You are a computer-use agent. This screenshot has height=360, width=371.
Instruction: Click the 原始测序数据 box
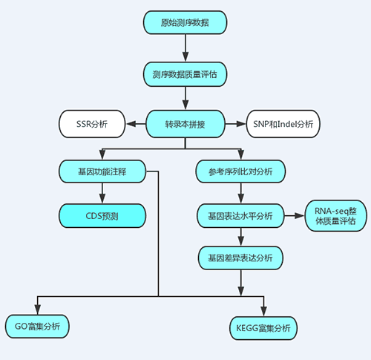point(185,22)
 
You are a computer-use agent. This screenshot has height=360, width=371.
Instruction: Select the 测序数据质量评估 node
point(185,74)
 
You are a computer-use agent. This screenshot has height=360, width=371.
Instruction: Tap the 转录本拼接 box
point(185,124)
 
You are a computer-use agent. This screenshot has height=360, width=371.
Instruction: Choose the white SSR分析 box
point(92,124)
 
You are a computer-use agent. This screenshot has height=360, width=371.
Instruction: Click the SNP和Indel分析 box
point(283,124)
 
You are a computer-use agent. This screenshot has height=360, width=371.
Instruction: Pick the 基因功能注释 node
point(102,171)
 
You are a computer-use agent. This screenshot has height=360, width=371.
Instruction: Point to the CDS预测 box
point(102,216)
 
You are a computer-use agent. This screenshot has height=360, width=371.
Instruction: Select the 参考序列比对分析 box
point(240,171)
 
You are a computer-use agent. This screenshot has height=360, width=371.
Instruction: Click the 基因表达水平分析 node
point(240,216)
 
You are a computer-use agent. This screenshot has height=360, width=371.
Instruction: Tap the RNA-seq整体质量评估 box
point(335,216)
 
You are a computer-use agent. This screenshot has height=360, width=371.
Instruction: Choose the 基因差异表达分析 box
point(240,258)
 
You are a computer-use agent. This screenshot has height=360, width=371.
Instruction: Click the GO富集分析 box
point(37,327)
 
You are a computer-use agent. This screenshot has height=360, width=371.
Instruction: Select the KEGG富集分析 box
point(263,328)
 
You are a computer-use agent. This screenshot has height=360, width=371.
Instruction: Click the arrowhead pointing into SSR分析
point(131,124)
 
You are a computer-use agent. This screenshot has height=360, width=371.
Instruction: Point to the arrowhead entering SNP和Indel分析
point(241,124)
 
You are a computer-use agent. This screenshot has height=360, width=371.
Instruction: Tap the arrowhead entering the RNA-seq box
point(300,216)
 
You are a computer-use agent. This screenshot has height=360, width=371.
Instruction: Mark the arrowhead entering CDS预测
point(102,198)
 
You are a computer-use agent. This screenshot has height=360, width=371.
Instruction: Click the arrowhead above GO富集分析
point(37,310)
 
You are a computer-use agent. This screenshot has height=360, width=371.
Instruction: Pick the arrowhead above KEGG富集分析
point(263,311)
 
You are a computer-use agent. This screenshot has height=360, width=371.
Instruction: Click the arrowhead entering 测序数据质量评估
point(185,56)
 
